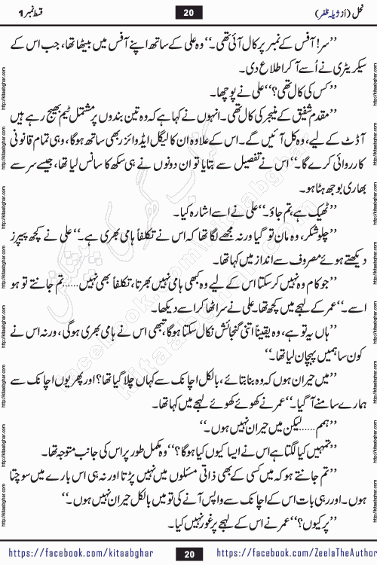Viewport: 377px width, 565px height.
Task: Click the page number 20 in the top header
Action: click(188, 12)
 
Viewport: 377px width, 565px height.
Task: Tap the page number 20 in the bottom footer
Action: click(188, 553)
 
